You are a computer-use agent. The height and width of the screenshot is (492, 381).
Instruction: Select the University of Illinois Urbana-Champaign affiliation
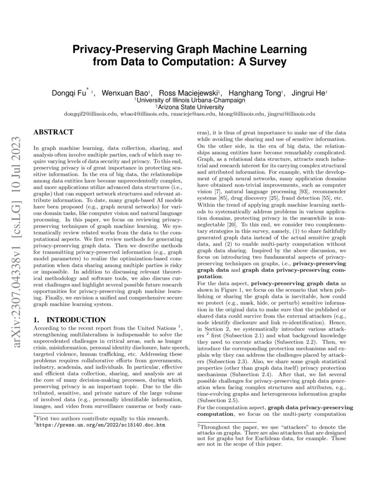[x=191, y=100]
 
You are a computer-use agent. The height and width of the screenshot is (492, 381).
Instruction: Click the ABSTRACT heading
[x=53, y=132]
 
